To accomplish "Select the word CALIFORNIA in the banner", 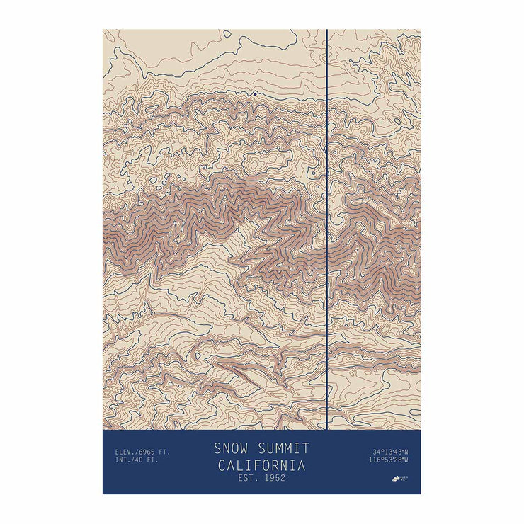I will [261, 465].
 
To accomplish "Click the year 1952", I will [274, 478].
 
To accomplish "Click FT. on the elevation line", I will [164, 451].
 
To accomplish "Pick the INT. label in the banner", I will [116, 460].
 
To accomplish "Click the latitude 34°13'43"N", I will [391, 452].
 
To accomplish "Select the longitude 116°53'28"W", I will [389, 460].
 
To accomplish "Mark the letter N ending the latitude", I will [407, 452].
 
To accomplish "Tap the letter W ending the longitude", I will [407, 460].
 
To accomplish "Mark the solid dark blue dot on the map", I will [254, 93].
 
